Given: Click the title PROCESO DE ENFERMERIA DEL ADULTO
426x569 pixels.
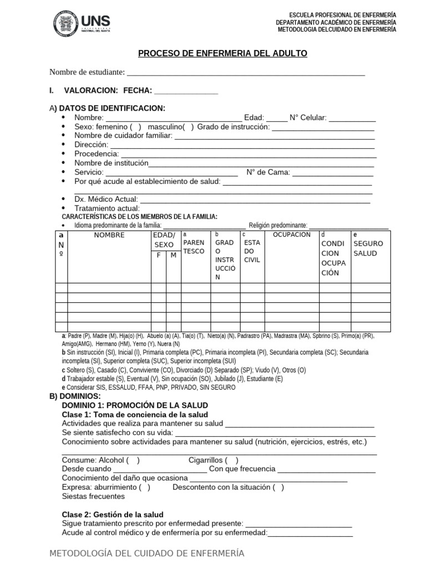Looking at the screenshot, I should point(222,53).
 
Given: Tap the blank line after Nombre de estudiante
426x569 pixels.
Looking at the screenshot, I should point(246,72).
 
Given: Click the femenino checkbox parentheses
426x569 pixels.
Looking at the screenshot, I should point(136,127).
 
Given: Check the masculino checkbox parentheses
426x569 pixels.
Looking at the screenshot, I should point(188,127).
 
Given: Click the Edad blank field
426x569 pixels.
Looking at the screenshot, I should point(277,118).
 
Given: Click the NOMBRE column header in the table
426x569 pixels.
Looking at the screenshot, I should point(109,235).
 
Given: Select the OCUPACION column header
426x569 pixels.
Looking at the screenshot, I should point(292,235).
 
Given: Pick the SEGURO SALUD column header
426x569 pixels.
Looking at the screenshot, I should point(368,248).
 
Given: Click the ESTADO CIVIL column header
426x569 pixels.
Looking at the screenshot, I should point(252,251).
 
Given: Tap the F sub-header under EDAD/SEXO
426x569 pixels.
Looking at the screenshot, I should point(159,255).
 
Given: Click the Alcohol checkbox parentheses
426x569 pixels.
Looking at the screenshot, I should point(133,460).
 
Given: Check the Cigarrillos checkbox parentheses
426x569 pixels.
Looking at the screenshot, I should point(232,460).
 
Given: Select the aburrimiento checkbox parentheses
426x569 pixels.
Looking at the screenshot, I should point(144,487).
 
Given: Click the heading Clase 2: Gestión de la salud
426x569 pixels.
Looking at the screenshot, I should point(113,515).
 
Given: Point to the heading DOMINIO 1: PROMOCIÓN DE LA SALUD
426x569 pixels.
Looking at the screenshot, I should point(135,406).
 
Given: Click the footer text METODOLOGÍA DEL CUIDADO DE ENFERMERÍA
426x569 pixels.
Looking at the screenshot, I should point(146,553).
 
